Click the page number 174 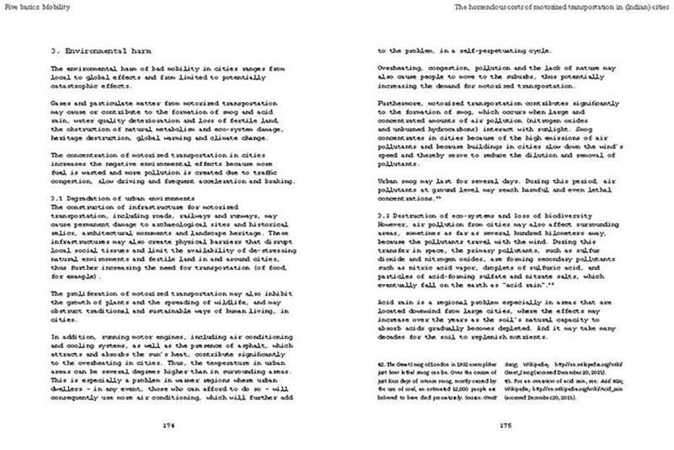pyautogui.click(x=168, y=425)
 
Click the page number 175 pyautogui.click(x=505, y=425)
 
